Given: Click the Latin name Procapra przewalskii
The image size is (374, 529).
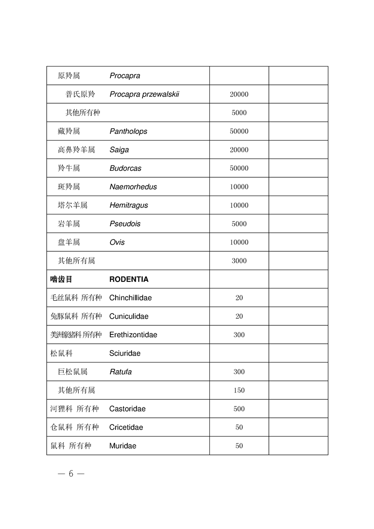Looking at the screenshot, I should tap(144, 94).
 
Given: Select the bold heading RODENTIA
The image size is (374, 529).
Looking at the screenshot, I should tap(129, 279).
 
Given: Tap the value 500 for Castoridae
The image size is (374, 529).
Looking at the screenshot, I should tap(239, 409).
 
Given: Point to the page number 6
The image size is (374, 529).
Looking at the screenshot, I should tap(71, 474).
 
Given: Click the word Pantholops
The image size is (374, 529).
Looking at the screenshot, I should tap(128, 132).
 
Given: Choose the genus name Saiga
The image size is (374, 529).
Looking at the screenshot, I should tap(119, 150).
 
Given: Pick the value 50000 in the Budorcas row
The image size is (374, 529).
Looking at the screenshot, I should tap(239, 168).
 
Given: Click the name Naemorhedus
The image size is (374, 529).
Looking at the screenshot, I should tap(133, 187).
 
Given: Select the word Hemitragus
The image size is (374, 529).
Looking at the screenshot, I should tap(129, 205).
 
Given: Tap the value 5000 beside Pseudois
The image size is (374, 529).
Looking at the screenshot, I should tap(239, 224).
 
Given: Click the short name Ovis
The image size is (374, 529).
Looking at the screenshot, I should tap(117, 242).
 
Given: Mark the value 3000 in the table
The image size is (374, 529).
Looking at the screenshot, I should tap(239, 261).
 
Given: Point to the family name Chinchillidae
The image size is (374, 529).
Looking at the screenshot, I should tap(130, 298).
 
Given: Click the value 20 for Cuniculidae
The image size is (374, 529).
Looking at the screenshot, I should tap(239, 316).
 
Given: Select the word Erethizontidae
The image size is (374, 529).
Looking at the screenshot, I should tap(133, 335).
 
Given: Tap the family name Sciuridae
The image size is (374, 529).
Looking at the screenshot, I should tap(125, 353).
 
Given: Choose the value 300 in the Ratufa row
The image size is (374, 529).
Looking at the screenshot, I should tap(239, 372).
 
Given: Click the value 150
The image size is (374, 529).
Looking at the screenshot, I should tap(239, 390).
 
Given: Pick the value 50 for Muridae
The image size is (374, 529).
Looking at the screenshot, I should tap(239, 446).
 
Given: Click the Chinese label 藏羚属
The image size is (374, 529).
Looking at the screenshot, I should tap(69, 132).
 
